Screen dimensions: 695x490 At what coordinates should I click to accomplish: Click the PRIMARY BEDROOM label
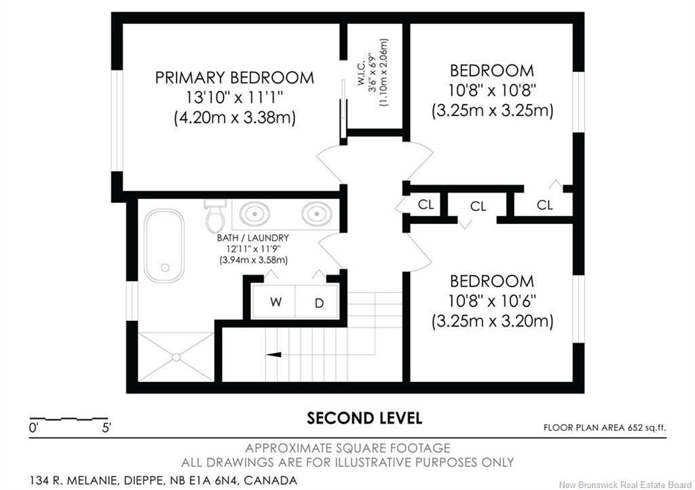coord(234,78)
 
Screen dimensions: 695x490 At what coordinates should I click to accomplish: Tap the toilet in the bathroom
coord(216,216)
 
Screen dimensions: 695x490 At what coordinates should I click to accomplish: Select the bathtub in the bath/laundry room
coord(164,245)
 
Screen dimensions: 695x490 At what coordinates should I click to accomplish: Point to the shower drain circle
coord(176,357)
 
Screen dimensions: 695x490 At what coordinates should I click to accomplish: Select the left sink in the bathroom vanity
coord(255,214)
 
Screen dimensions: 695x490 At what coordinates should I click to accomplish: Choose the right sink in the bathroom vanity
coord(317,214)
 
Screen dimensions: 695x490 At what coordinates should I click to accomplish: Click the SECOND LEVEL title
coord(364,418)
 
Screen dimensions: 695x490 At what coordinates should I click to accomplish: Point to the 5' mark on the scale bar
coord(107,428)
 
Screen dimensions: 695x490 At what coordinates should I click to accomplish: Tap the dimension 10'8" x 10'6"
coord(493,301)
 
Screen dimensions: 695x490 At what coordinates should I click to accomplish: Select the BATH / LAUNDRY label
coord(252,238)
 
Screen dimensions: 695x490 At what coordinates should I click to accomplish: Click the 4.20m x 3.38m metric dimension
coord(234,118)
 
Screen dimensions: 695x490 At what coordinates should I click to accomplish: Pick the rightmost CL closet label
coord(545,205)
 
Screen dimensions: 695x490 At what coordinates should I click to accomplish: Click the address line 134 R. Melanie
coord(164,480)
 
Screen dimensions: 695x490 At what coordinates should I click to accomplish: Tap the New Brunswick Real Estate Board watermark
coord(625,485)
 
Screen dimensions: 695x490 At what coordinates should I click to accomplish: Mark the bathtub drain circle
coord(166,267)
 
